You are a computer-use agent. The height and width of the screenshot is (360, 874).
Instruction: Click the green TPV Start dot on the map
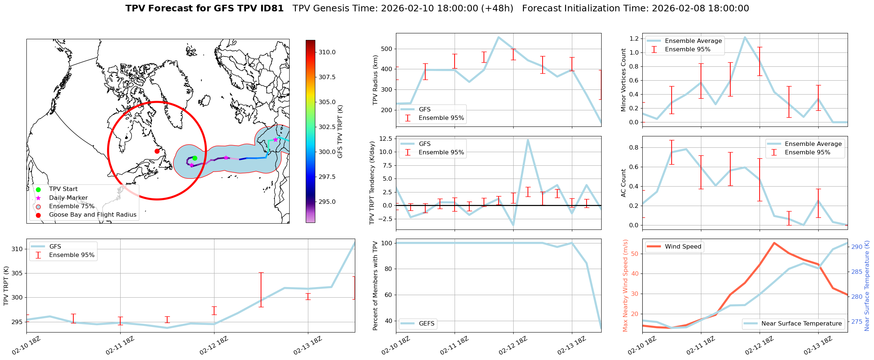(195, 158)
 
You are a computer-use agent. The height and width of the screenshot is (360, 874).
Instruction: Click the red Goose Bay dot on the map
(157, 151)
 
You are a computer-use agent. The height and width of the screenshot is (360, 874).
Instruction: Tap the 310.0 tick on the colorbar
(327, 52)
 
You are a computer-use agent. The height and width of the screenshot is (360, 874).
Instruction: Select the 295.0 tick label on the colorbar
(327, 202)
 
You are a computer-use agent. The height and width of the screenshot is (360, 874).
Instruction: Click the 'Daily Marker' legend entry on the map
(68, 198)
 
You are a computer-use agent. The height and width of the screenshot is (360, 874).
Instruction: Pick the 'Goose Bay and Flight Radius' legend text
(92, 214)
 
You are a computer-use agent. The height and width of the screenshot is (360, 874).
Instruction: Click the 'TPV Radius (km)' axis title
(375, 80)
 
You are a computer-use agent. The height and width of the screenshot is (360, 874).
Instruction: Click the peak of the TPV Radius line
(498, 37)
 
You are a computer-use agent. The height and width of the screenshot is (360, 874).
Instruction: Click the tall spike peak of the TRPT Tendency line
(528, 140)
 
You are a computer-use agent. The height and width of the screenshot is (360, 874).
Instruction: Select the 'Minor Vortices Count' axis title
(623, 80)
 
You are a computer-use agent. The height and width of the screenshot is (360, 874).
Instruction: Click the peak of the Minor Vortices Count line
(745, 37)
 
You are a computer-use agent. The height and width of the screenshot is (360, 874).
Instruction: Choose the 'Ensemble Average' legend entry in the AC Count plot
(813, 144)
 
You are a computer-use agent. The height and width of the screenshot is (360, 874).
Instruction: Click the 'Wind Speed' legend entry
(683, 246)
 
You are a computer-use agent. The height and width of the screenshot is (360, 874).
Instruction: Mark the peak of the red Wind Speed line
(774, 243)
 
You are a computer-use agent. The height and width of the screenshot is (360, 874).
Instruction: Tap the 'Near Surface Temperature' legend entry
(801, 323)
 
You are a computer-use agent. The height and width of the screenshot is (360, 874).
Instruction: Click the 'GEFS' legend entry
(426, 323)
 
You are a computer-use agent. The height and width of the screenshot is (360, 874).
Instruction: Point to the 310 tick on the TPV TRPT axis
(18, 249)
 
